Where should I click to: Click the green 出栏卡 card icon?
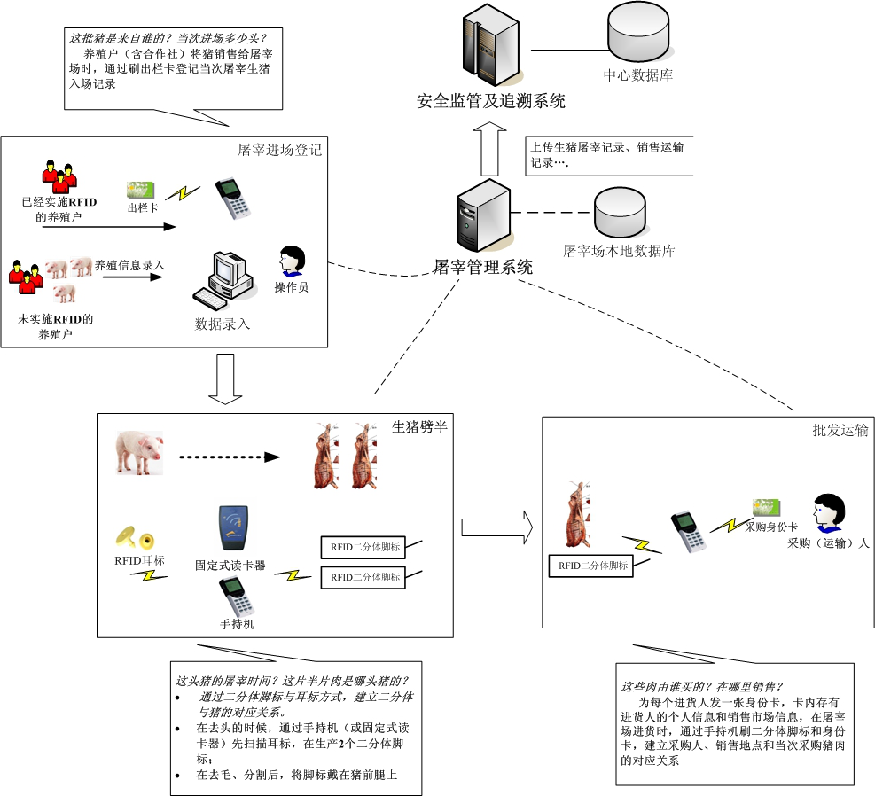(140, 191)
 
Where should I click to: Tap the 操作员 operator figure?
(292, 262)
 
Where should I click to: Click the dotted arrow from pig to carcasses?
(229, 457)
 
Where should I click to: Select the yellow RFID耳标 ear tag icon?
(135, 537)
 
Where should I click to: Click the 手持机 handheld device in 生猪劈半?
(238, 597)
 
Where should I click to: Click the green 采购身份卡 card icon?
(766, 508)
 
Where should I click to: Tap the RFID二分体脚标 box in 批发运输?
(592, 566)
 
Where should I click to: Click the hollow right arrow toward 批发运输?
(496, 527)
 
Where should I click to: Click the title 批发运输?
(840, 431)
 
